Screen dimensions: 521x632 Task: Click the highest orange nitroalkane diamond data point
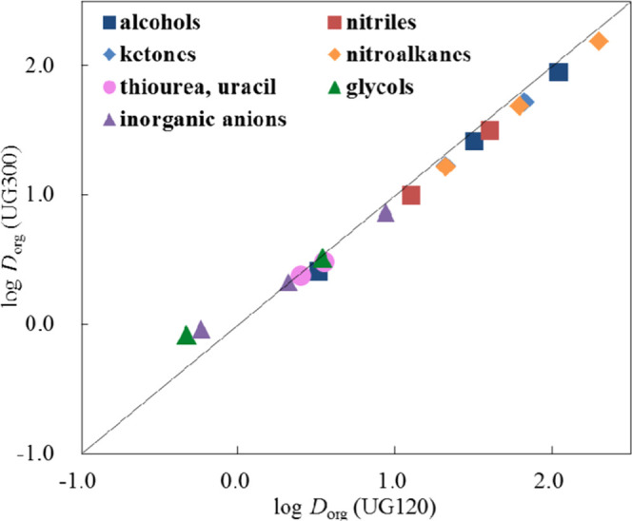(x=599, y=41)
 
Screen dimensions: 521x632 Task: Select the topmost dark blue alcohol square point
(x=559, y=72)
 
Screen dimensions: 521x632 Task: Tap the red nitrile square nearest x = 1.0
(x=411, y=195)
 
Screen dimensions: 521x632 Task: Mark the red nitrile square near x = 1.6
(x=490, y=130)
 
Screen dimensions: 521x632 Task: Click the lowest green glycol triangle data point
(x=187, y=335)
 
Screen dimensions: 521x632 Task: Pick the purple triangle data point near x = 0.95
(x=385, y=213)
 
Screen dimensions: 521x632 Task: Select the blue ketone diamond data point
(x=526, y=101)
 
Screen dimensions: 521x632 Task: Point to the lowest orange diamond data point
(x=445, y=167)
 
